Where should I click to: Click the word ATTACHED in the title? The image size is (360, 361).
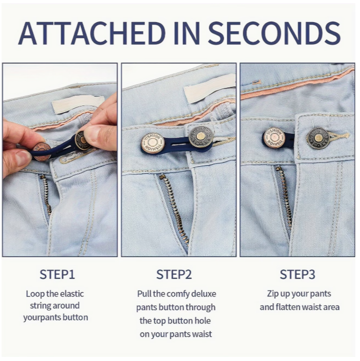92,33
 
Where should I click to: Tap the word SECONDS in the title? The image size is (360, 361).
274,33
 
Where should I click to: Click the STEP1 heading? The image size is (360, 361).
57,274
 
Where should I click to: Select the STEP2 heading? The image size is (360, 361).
174,274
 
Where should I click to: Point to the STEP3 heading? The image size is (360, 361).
297,274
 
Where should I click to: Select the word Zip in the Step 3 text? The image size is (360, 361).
272,294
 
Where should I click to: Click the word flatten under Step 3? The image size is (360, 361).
287,307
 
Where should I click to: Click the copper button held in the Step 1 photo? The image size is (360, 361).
42,151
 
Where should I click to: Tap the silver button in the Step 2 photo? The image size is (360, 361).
153,143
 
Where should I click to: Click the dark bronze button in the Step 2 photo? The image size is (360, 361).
200,137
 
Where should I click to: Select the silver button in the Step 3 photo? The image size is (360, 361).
275,138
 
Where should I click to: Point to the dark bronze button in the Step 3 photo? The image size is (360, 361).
318,138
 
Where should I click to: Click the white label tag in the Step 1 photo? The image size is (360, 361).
78,104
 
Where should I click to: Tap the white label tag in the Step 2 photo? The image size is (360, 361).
209,88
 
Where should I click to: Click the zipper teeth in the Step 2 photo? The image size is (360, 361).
174,207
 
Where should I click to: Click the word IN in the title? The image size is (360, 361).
187,33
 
